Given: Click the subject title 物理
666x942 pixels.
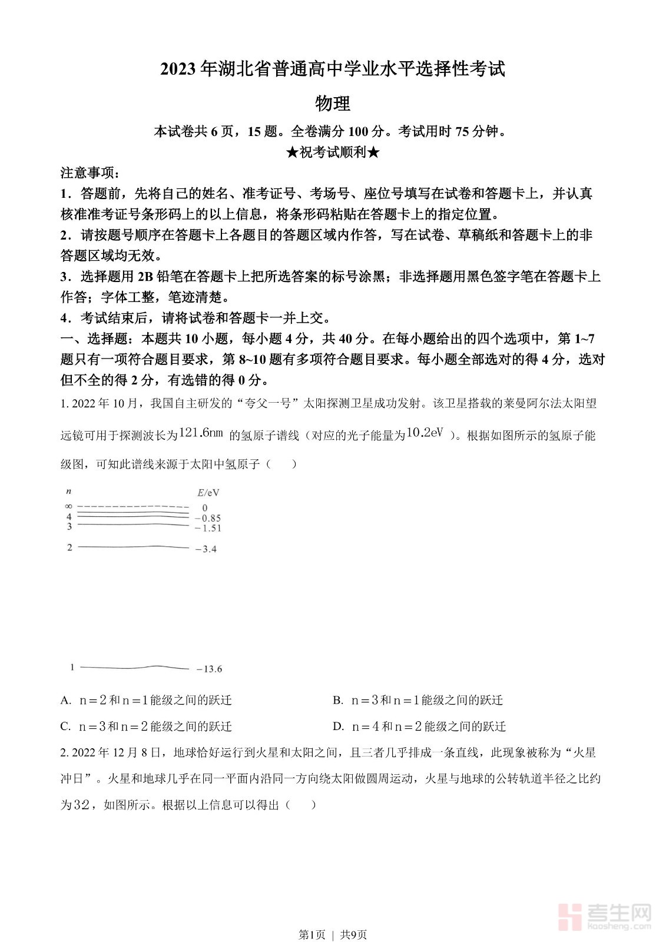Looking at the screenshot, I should tap(333, 104).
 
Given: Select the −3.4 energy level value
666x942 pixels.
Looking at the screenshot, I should tap(206, 549).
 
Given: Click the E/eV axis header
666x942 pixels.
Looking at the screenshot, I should tap(208, 493).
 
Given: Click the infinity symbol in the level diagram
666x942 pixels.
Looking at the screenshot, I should tap(68, 506).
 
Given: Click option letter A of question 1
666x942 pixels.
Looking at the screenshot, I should tap(65, 700).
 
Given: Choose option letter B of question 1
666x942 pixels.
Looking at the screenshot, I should tap(338, 700).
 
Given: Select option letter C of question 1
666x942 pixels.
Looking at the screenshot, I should tap(65, 727).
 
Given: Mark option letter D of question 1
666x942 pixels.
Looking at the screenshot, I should tap(338, 727).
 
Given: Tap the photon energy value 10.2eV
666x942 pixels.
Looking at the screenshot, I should tap(425, 433).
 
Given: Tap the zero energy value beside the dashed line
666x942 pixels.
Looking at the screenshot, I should tap(205, 508).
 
